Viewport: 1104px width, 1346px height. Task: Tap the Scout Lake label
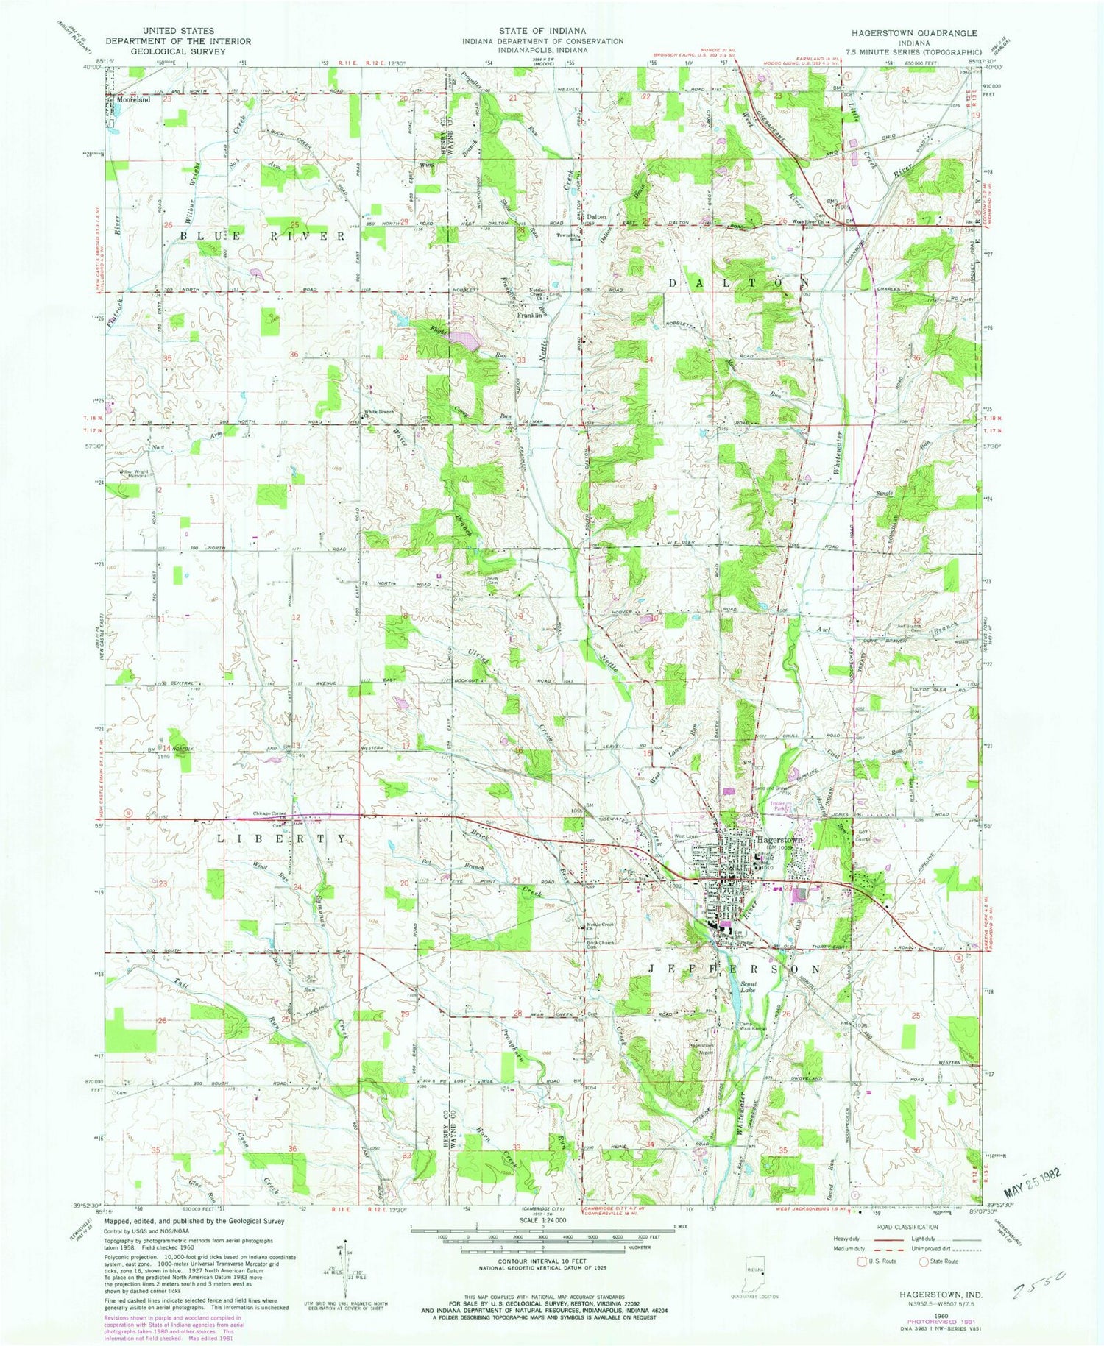pyautogui.click(x=749, y=986)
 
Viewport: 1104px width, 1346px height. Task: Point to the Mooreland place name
pyautogui.click(x=132, y=99)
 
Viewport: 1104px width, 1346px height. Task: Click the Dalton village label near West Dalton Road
pyautogui.click(x=596, y=217)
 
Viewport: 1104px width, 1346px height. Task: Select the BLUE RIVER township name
pyautogui.click(x=262, y=236)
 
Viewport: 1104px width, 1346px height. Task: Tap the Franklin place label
pyautogui.click(x=529, y=315)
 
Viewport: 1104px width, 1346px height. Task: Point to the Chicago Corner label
pyautogui.click(x=269, y=813)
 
